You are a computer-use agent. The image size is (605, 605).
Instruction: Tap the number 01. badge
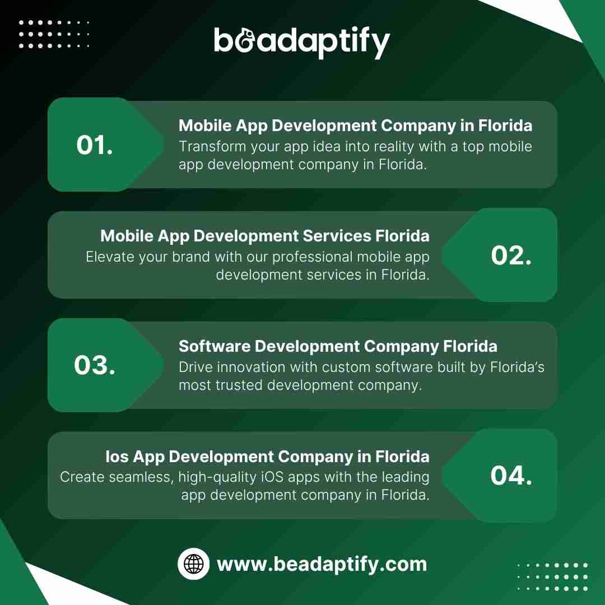point(95,146)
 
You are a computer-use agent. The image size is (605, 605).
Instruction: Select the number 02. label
point(511,255)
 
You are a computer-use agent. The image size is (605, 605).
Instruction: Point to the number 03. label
point(95,365)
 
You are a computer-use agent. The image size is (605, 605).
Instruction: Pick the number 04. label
point(511,476)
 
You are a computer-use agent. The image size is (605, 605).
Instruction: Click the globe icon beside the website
point(194,564)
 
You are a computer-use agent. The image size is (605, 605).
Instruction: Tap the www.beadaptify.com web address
point(322,564)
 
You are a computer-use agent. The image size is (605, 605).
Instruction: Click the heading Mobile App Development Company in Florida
point(355,126)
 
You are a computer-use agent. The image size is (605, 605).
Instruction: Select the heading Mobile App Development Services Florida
point(264,236)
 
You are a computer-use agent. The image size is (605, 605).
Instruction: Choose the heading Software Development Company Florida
point(338,346)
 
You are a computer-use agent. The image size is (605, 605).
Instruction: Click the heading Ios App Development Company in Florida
point(267,457)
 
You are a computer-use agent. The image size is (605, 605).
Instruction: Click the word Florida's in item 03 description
point(517,367)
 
